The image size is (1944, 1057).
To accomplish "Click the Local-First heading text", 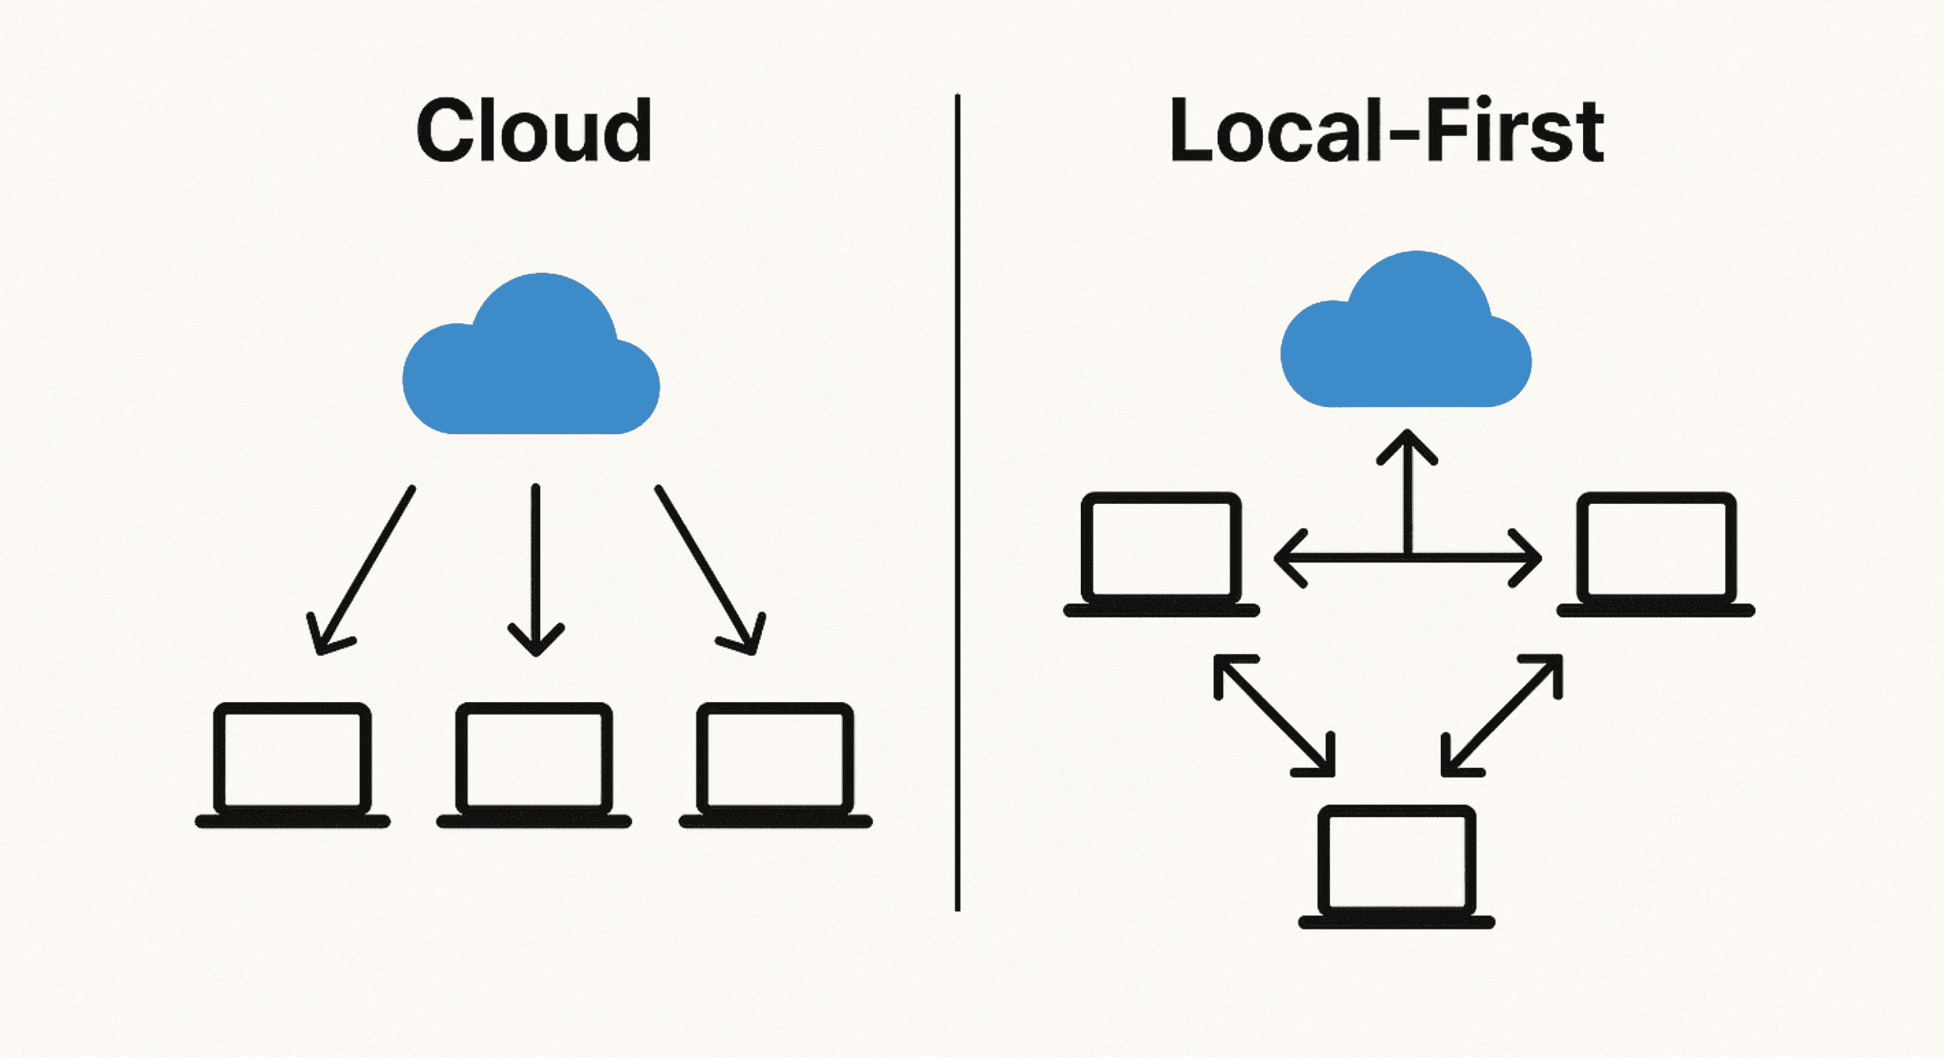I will [1386, 132].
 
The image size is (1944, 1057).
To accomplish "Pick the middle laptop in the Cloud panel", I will [534, 766].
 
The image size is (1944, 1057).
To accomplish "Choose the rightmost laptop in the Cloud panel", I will [775, 766].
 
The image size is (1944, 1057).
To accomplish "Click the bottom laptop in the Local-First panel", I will [1396, 868].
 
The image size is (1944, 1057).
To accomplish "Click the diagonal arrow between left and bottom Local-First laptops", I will [1274, 715].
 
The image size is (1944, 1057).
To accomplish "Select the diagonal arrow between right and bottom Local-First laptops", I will [1502, 715].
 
